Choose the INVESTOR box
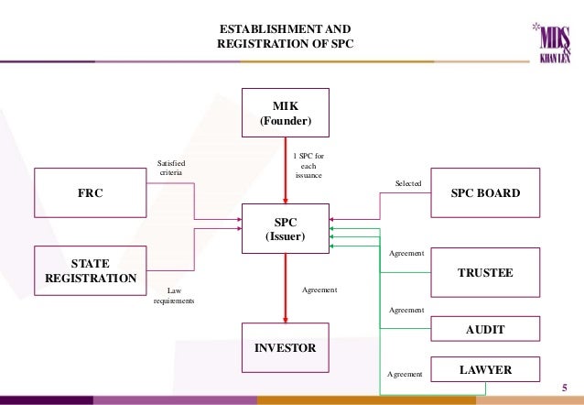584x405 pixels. [287, 348]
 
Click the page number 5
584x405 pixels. [564, 387]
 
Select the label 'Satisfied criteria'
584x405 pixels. [171, 168]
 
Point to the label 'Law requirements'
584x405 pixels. [173, 295]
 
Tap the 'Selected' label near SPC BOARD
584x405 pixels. [408, 184]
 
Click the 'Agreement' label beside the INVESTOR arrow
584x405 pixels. [319, 290]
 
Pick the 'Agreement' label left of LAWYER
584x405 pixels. [404, 374]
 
